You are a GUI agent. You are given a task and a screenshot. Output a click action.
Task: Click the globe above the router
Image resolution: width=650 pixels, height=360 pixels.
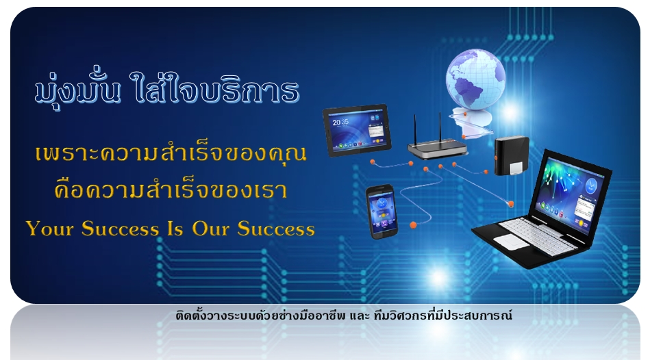pyautogui.click(x=475, y=79)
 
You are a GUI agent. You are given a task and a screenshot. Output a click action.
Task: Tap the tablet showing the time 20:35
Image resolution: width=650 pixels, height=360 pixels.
pyautogui.click(x=358, y=130)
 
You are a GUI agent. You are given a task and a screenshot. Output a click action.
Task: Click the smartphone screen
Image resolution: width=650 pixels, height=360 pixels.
pyautogui.click(x=382, y=213)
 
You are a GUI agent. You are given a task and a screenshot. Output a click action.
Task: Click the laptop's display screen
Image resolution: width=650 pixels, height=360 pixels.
pyautogui.click(x=571, y=195)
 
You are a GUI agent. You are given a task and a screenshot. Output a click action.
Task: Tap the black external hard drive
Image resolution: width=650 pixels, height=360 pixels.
pyautogui.click(x=512, y=156)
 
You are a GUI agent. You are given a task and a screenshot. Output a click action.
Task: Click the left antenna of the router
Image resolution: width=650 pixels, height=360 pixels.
pyautogui.click(x=414, y=129)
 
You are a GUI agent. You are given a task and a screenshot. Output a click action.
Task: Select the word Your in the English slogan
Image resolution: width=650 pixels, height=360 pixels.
pyautogui.click(x=50, y=229)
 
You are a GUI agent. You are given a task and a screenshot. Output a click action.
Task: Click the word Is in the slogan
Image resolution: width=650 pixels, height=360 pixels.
pyautogui.click(x=175, y=229)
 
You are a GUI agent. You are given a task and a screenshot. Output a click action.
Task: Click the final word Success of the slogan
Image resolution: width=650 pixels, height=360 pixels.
pyautogui.click(x=276, y=229)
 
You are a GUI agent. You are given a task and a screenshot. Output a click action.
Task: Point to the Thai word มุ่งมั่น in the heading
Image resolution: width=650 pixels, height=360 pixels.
pyautogui.click(x=77, y=88)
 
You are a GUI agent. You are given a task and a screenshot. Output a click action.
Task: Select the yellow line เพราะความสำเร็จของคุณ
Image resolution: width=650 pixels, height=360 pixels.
pyautogui.click(x=171, y=153)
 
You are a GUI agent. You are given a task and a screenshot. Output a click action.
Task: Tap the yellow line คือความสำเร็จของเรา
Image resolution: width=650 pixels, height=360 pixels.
pyautogui.click(x=171, y=190)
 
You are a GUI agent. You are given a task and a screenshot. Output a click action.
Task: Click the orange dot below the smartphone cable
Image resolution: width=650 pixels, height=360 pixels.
pyautogui.click(x=413, y=225)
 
